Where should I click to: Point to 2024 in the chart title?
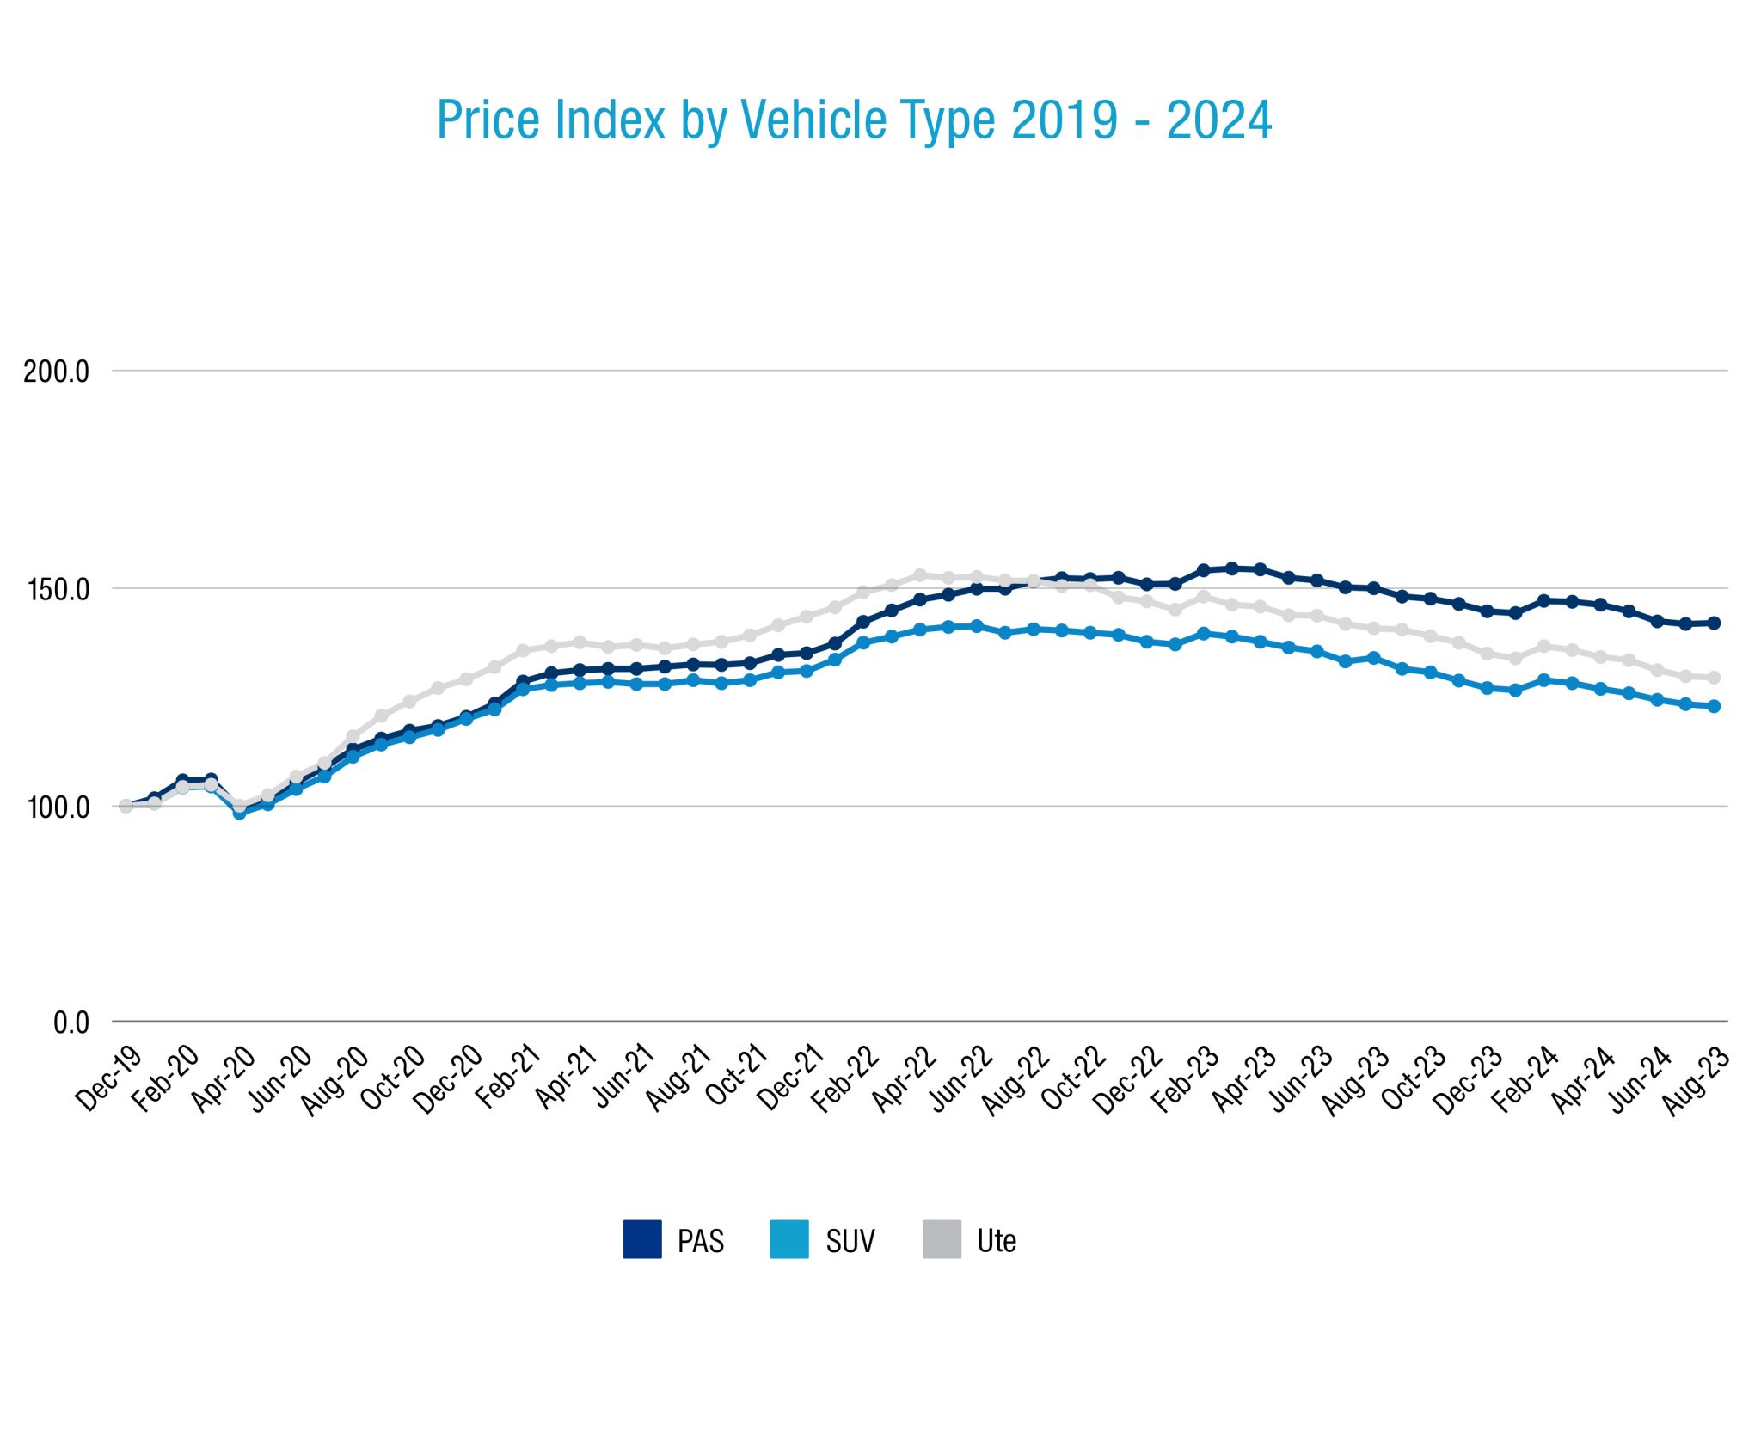click(1218, 120)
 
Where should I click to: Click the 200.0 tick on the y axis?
click(57, 372)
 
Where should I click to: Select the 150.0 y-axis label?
click(58, 590)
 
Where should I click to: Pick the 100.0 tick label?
click(58, 808)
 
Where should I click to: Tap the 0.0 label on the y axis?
click(71, 1023)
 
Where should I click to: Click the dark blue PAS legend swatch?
click(642, 1239)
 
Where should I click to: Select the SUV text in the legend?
click(850, 1241)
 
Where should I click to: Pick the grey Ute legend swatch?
click(942, 1239)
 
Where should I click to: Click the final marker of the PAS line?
click(1714, 623)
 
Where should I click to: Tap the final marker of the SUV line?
click(1714, 706)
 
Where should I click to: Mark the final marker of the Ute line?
click(1714, 678)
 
